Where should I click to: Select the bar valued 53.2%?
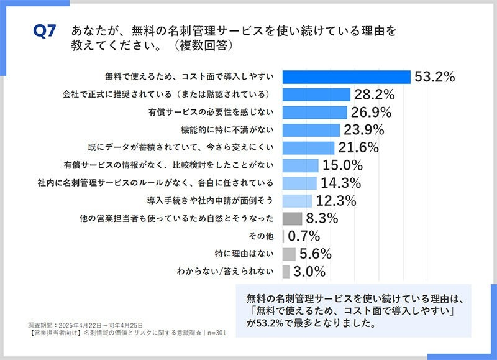[x=346, y=76]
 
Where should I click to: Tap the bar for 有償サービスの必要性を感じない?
[x=314, y=112]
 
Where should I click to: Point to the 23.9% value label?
[x=363, y=130]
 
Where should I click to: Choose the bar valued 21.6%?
[x=309, y=147]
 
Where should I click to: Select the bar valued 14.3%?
[x=299, y=183]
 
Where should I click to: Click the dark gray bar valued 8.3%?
[x=292, y=218]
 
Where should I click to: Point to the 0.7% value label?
[x=304, y=236]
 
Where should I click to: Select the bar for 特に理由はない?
[x=289, y=254]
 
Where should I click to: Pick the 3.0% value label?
[x=309, y=272]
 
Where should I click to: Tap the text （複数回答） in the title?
[x=205, y=46]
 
